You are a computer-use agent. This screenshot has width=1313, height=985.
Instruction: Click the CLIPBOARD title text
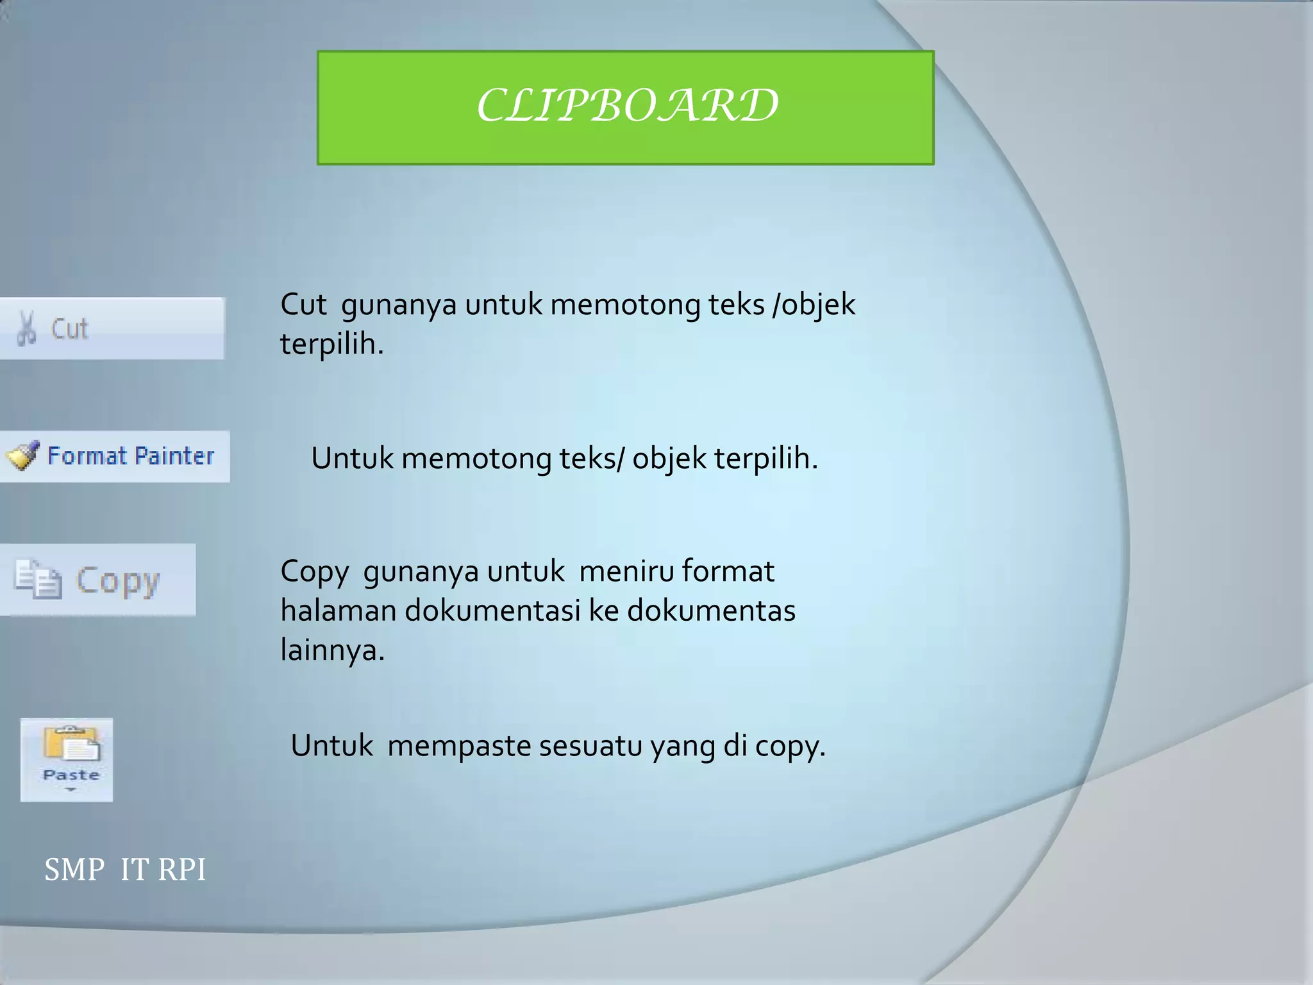[x=627, y=106]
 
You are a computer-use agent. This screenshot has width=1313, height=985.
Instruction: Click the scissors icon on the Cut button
[x=27, y=328]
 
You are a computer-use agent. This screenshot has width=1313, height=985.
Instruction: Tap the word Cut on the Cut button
[x=69, y=329]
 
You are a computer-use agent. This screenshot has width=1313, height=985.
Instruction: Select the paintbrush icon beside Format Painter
[x=22, y=456]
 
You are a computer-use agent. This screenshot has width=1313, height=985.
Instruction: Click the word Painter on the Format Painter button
[x=174, y=456]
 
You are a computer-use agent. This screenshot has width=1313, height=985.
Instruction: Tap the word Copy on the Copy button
[x=117, y=581]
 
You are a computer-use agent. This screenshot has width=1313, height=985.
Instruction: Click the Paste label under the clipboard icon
[x=71, y=775]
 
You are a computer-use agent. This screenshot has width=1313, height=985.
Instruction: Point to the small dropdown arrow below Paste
[x=71, y=789]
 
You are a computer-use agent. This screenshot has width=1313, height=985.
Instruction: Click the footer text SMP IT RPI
[x=125, y=870]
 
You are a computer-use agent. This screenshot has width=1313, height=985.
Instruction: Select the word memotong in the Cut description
[x=625, y=305]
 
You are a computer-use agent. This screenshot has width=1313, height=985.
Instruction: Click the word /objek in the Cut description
[x=814, y=305]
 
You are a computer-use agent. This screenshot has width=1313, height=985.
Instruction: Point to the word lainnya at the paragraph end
[x=332, y=650]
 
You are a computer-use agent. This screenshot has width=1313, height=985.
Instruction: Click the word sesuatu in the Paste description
[x=590, y=746]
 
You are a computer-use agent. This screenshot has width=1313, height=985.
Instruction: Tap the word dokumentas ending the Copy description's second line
[x=711, y=610]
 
